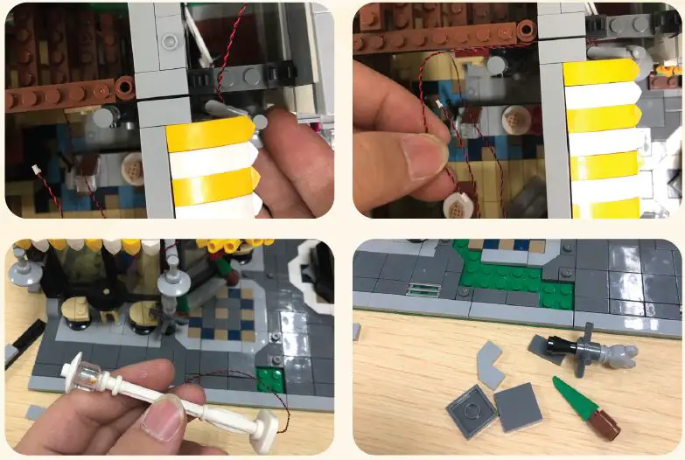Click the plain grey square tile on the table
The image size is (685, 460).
518,408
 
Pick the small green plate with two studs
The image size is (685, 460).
271,379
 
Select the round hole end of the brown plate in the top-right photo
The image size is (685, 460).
524,31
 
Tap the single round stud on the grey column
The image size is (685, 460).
169,41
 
